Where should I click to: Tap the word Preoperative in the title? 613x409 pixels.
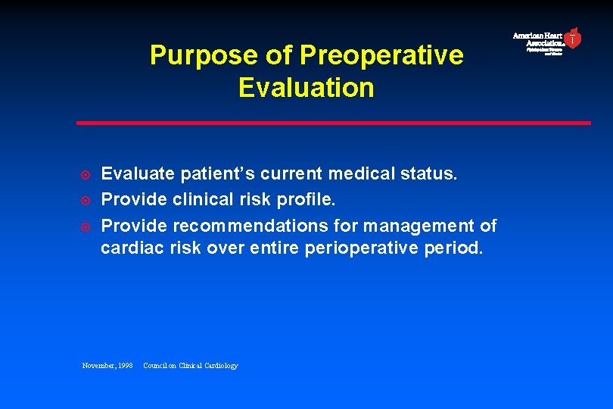tap(381, 55)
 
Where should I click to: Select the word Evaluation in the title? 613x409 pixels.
tap(306, 88)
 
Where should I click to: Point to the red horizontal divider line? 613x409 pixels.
tap(333, 123)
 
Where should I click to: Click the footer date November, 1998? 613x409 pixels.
tap(107, 366)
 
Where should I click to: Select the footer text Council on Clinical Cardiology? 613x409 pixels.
tap(190, 366)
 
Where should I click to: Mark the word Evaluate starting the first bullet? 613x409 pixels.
tap(138, 174)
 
